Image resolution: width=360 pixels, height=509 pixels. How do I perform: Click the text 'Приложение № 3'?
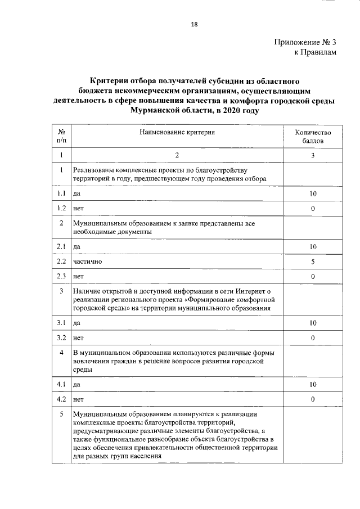306,42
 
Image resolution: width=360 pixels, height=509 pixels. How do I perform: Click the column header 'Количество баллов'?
313,137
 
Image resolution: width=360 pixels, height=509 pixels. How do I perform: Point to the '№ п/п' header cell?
61,137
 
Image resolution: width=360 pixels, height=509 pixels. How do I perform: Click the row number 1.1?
61,194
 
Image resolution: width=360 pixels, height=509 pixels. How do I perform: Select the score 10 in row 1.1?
313,194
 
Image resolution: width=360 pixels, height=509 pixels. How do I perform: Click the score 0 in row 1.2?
313,209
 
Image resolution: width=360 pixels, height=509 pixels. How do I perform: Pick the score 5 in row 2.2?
313,262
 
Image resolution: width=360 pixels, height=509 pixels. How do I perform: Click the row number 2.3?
61,276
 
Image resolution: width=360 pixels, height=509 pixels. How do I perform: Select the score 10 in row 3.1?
313,323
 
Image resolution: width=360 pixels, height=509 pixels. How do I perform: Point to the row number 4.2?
61,399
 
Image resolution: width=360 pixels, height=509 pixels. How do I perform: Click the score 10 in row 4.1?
313,384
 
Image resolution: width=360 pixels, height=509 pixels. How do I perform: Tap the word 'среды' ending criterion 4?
82,370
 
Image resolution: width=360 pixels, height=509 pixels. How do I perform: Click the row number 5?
61,415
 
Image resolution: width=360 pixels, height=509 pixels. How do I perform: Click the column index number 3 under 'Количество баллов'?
313,155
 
